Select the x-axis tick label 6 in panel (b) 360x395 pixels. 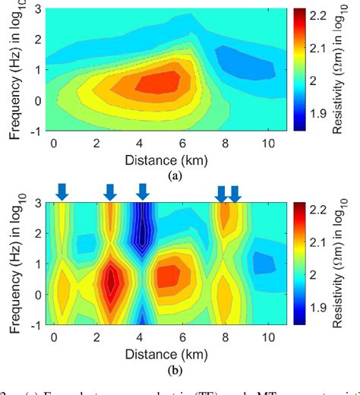point(182,337)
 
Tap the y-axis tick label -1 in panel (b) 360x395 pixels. point(33,323)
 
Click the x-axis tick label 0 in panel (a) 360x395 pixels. point(53,143)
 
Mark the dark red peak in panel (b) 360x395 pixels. point(111,282)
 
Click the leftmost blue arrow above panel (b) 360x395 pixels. point(62,193)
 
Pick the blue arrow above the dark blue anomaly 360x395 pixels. point(142,191)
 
